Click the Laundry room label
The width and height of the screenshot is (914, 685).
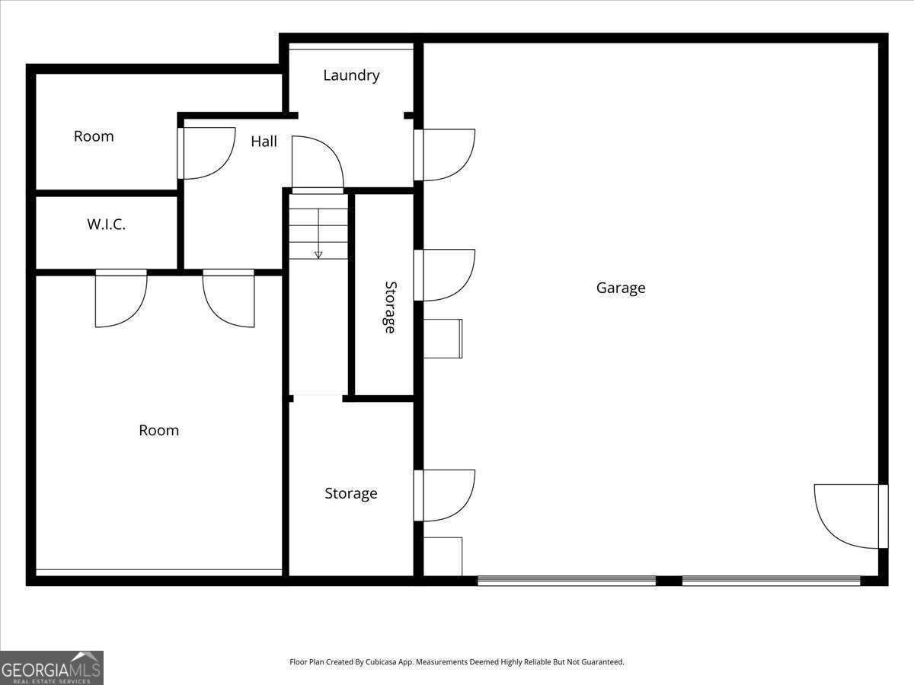[x=351, y=75]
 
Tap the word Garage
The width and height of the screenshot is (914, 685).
[x=621, y=288]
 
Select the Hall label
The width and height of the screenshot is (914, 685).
[x=264, y=142]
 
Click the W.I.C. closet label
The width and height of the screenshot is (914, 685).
[x=106, y=225]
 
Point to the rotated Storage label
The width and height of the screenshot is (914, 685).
[x=390, y=307]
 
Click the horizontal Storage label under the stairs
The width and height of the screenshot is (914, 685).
[x=351, y=493]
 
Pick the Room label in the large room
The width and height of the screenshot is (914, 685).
[x=158, y=430]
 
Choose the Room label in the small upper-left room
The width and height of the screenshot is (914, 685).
[x=94, y=136]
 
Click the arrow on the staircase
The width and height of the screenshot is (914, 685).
[x=318, y=253]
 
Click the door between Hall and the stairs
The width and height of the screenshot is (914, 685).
[x=318, y=163]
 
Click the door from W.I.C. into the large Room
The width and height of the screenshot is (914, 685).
[x=120, y=298]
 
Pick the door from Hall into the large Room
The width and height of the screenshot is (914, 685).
[x=228, y=298]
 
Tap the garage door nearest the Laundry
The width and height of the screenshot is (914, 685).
[x=445, y=155]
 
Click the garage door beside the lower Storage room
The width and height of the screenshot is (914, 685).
[x=445, y=495]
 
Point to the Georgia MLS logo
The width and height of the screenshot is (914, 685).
[x=51, y=667]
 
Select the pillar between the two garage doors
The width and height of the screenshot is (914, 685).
[x=669, y=581]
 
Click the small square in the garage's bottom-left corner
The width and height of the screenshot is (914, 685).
[x=443, y=556]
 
